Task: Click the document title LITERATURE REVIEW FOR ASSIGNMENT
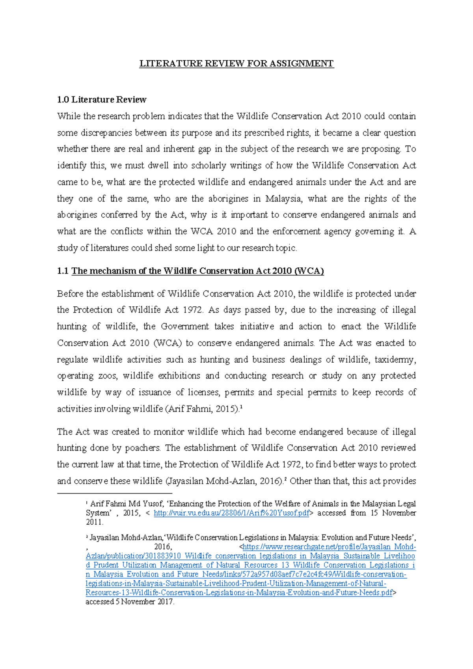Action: [x=236, y=63]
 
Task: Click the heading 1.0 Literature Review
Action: [x=102, y=99]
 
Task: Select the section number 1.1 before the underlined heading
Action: [x=63, y=271]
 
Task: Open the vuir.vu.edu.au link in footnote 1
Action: [x=232, y=513]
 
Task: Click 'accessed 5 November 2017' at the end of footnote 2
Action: [x=130, y=602]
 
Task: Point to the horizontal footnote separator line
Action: [x=115, y=493]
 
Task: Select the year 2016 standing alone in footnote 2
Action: [x=163, y=547]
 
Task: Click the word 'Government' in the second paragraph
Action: [x=184, y=326]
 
